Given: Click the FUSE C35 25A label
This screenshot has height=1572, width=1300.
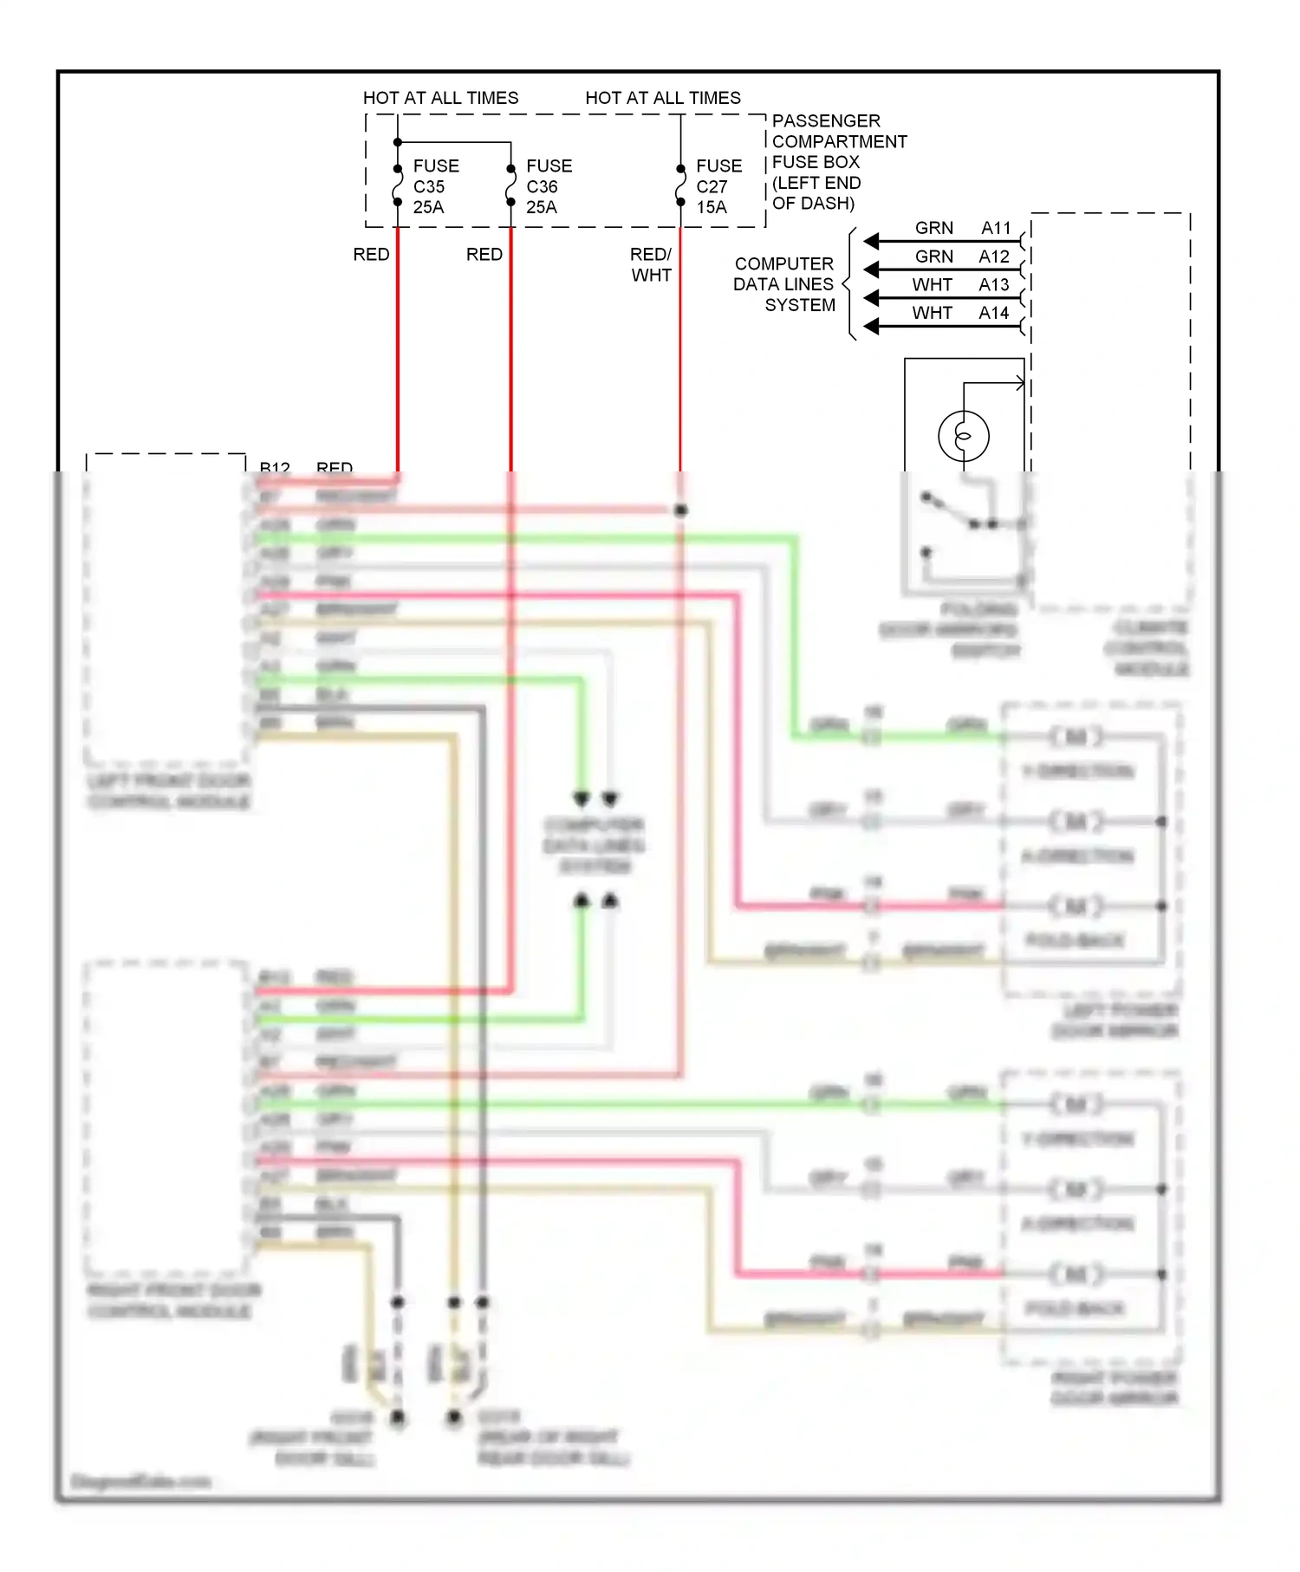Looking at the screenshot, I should point(435,186).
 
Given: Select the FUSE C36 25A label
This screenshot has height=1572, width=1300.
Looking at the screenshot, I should point(548,186).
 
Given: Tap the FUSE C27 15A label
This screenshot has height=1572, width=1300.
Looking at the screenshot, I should point(718,186).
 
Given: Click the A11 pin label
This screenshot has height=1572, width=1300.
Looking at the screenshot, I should point(996,228).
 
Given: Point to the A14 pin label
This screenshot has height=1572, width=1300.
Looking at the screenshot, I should point(994,313).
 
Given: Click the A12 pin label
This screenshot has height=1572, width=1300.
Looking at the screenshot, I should point(994,257).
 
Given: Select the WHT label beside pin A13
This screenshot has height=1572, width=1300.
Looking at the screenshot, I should point(932,285).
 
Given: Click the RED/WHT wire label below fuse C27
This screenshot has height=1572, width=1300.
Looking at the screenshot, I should point(651,264).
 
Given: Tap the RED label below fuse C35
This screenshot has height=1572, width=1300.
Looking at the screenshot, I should point(371,254).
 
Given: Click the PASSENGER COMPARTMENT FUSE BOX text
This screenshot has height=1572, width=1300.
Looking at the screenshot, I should point(838,162).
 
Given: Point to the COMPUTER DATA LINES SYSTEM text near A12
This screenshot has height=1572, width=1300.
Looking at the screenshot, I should point(785,284).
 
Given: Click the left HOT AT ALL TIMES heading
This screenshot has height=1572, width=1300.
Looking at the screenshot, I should point(440,98).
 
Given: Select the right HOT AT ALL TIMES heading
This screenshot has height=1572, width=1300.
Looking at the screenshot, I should point(663,98).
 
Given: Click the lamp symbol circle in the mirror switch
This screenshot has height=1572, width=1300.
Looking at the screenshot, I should point(963,435).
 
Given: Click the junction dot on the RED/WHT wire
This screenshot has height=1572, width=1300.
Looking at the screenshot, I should point(681,510).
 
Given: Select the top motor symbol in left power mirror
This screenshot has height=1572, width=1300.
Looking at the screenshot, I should point(1076,737).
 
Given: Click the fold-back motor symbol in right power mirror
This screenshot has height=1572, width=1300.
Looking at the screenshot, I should point(1076,1274).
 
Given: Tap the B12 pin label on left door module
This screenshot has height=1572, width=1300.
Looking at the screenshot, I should point(275,468).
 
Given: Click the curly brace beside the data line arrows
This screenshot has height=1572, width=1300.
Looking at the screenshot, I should point(849,284).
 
